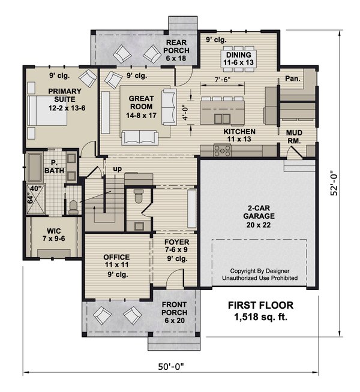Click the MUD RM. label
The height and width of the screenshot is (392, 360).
[x=294, y=137]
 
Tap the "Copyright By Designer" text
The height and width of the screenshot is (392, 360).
[x=259, y=270]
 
